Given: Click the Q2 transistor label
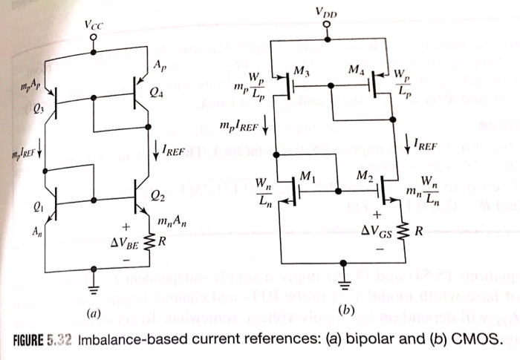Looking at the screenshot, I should point(157,196).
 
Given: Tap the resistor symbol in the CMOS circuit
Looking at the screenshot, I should point(404,231).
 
